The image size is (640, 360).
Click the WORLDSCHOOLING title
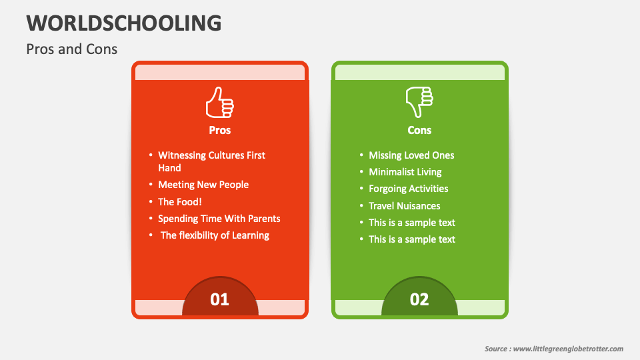124,23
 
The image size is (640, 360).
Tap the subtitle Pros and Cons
72,49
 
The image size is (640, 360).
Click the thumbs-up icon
219,103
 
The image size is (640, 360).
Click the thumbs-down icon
419,102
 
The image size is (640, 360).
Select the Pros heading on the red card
219,130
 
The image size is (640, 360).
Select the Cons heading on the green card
419,130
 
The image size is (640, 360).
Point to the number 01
219,299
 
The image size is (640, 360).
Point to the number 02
419,299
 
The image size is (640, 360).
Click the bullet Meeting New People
203,185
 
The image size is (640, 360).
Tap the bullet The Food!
179,201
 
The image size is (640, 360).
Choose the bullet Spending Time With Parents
219,219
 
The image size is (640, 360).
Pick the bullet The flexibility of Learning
215,235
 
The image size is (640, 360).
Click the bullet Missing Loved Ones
411,155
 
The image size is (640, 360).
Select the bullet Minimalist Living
405,172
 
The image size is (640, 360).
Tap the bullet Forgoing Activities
408,189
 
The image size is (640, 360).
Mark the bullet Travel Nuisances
405,206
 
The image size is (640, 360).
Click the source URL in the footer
568,349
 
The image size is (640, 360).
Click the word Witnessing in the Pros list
182,155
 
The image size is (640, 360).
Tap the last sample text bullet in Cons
412,239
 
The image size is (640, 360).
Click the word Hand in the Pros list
169,168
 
